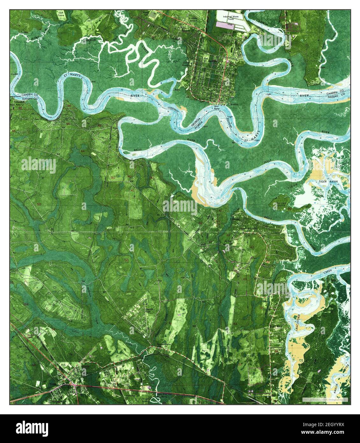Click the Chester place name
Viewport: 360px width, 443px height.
(x=235, y=219)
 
